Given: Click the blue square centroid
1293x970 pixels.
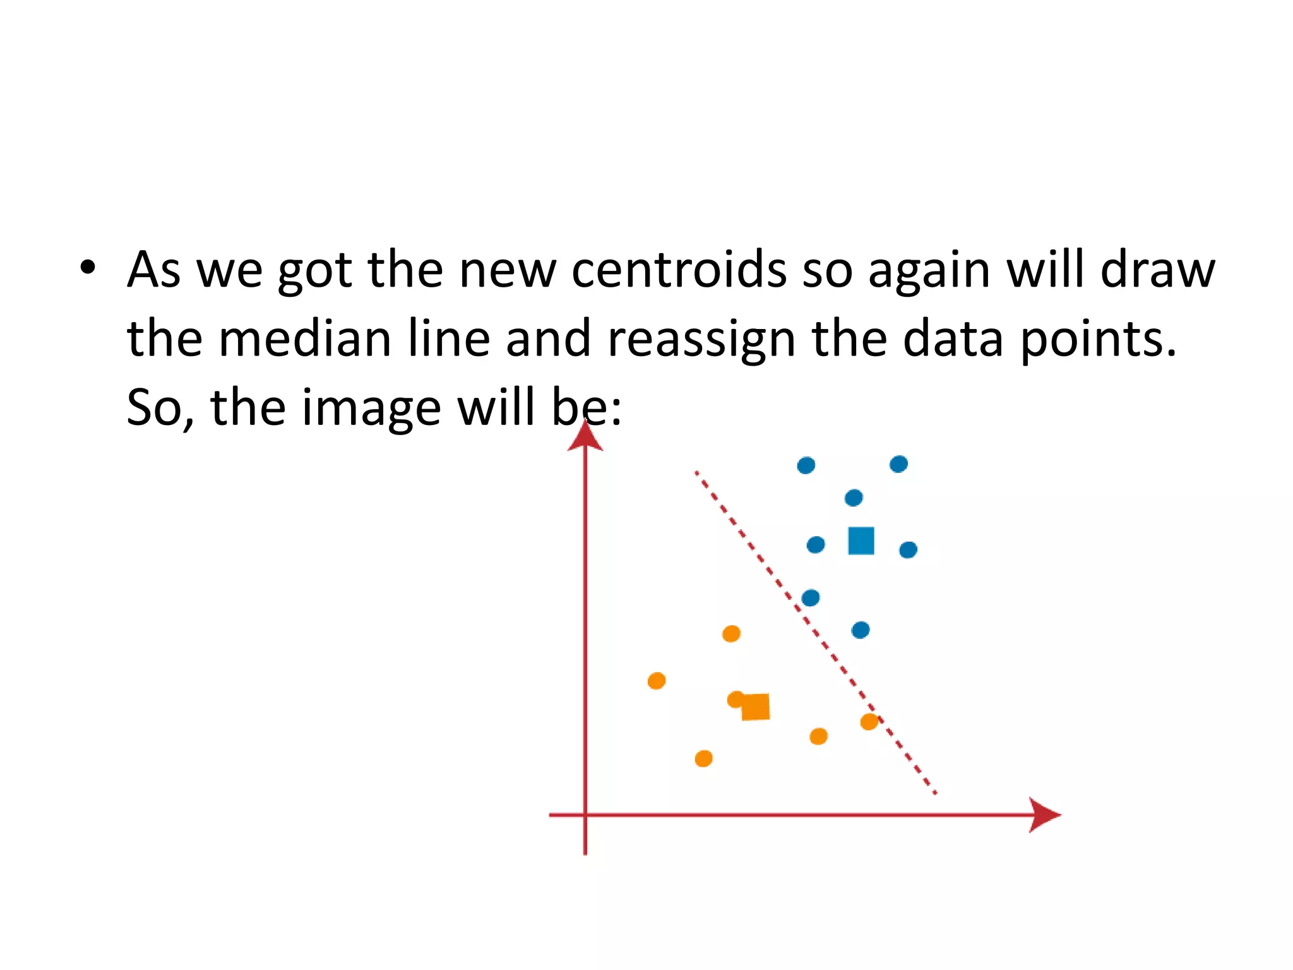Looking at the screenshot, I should point(861,541).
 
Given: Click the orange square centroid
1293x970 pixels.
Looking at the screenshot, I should point(756,707).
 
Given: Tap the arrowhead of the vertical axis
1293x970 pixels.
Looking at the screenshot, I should point(585,436).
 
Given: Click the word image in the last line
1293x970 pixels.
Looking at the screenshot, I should point(371,409).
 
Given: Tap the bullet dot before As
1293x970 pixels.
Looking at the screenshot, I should point(88,268).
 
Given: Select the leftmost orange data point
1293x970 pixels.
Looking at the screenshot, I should point(657,681).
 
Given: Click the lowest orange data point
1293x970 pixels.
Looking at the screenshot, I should point(703,758).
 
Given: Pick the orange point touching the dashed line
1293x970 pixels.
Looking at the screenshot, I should point(869,721).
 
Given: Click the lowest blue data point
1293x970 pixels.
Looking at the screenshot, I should point(861,630).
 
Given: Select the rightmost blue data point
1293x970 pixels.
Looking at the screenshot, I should point(908,550).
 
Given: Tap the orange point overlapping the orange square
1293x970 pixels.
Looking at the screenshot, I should point(736,700).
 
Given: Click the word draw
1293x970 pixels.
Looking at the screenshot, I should point(1157,270).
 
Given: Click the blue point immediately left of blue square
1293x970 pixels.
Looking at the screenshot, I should point(816,544).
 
